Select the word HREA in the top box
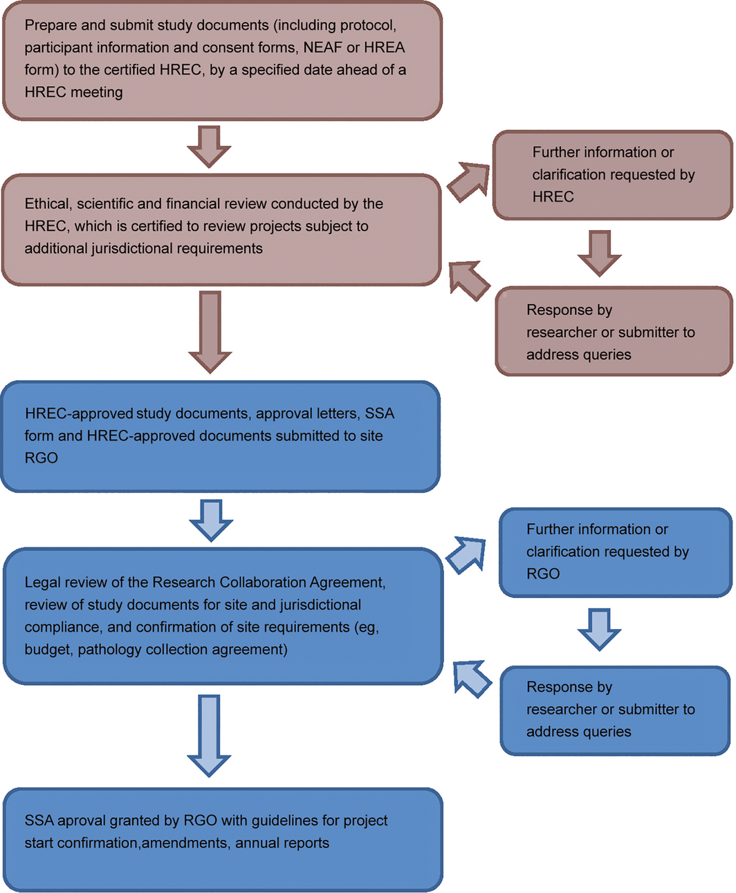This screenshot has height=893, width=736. pyautogui.click(x=385, y=48)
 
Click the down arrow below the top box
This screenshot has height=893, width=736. pyautogui.click(x=209, y=147)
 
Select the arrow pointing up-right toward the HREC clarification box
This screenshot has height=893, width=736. pyautogui.click(x=468, y=182)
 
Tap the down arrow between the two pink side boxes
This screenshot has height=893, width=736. pyautogui.click(x=600, y=253)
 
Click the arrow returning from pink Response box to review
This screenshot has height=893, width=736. pyautogui.click(x=469, y=281)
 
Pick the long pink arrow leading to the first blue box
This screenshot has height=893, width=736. pyautogui.click(x=210, y=332)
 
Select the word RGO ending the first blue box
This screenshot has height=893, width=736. pyautogui.click(x=41, y=458)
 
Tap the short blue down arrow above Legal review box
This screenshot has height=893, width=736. pyautogui.click(x=211, y=520)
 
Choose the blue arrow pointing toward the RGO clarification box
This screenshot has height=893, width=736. pyautogui.click(x=466, y=555)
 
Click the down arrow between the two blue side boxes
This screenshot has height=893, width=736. pyautogui.click(x=599, y=630)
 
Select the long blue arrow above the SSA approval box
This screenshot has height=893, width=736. pyautogui.click(x=209, y=735)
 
